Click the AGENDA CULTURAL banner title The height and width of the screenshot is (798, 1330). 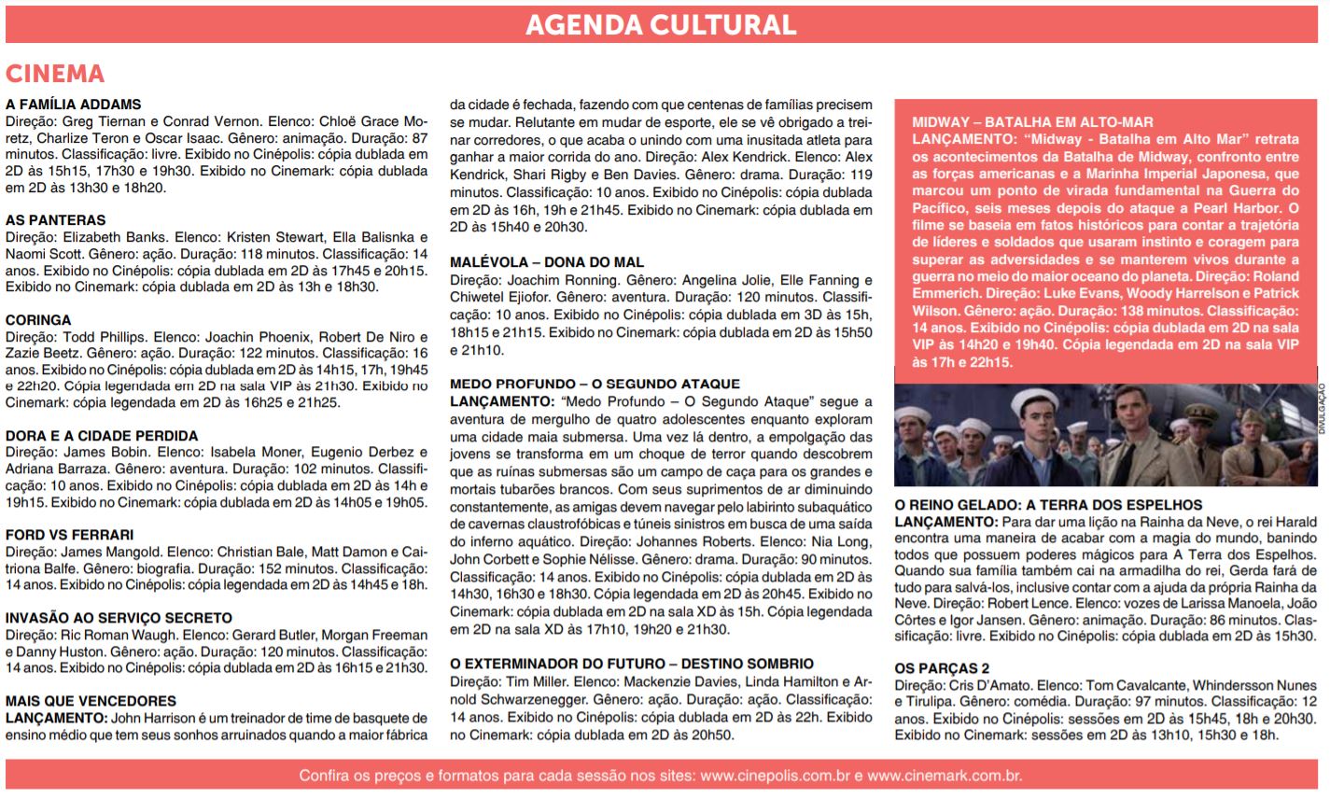click(x=661, y=24)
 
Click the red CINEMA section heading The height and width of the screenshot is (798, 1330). click(x=55, y=74)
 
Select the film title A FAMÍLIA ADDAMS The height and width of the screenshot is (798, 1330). click(x=74, y=105)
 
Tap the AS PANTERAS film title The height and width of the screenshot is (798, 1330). click(x=56, y=220)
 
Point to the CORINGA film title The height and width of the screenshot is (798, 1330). click(x=38, y=320)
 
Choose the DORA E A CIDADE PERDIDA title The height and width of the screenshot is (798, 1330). click(x=102, y=436)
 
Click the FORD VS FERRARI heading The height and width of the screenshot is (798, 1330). click(x=70, y=535)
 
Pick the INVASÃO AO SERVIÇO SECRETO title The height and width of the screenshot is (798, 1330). click(x=119, y=618)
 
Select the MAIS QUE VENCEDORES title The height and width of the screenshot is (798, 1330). click(x=91, y=701)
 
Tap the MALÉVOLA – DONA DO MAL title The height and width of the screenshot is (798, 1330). click(x=547, y=262)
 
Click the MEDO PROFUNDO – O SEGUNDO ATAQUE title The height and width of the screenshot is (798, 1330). click(x=595, y=384)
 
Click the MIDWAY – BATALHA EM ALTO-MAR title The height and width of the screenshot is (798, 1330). click(x=1032, y=122)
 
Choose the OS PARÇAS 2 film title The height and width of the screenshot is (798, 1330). click(x=942, y=668)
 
